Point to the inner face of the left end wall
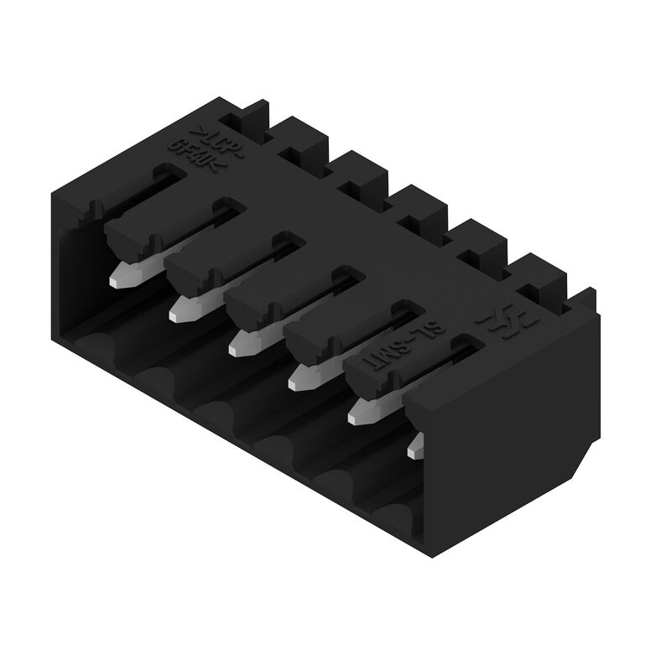pos(80,252)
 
